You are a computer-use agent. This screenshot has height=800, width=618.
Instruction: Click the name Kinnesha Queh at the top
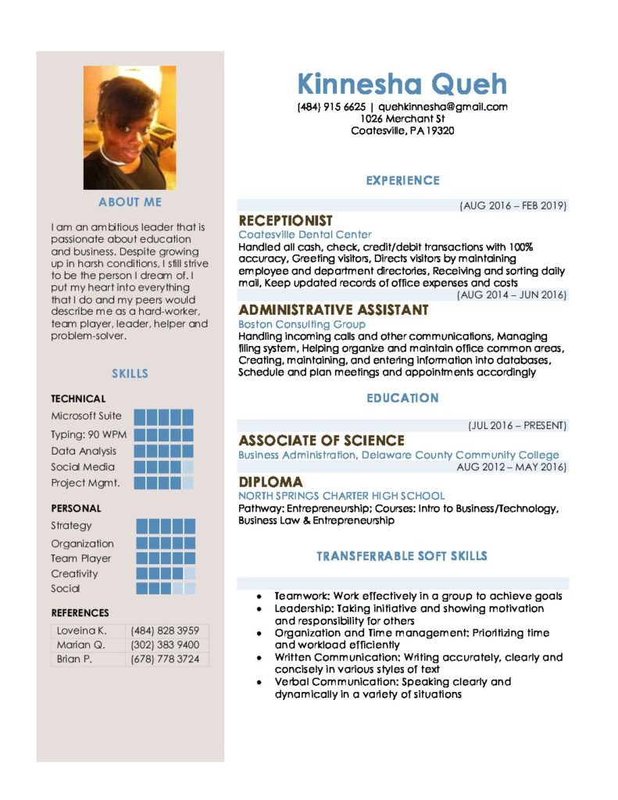pyautogui.click(x=402, y=84)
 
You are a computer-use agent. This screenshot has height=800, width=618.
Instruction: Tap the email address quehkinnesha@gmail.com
pyautogui.click(x=443, y=107)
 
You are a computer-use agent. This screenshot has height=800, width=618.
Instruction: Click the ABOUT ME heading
pyautogui.click(x=130, y=202)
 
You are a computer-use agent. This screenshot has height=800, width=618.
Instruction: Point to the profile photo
pyautogui.click(x=130, y=127)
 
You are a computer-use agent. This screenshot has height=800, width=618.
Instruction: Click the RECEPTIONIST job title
pyautogui.click(x=285, y=221)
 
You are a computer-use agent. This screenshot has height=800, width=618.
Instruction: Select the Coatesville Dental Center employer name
pyautogui.click(x=305, y=234)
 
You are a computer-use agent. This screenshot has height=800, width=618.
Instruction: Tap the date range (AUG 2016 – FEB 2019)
pyautogui.click(x=513, y=206)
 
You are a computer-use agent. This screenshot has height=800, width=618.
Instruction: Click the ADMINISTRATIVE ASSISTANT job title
pyautogui.click(x=334, y=310)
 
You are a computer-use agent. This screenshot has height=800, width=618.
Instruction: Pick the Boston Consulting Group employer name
pyautogui.click(x=302, y=323)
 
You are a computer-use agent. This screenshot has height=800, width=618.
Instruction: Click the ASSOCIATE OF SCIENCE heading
pyautogui.click(x=321, y=441)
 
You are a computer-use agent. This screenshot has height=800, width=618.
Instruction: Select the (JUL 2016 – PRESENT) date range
pyautogui.click(x=517, y=426)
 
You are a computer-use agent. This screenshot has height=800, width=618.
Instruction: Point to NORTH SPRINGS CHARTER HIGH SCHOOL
pyautogui.click(x=341, y=495)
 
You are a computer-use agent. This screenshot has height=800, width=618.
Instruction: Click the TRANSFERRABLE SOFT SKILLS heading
pyautogui.click(x=402, y=556)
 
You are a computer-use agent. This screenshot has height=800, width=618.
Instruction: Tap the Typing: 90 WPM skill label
pyautogui.click(x=88, y=434)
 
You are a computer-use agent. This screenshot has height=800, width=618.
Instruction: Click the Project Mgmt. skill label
pyautogui.click(x=85, y=483)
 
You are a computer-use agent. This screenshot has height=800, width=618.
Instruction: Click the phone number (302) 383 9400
pyautogui.click(x=165, y=645)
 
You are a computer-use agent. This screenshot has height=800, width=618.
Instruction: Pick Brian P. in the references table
pyautogui.click(x=74, y=659)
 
